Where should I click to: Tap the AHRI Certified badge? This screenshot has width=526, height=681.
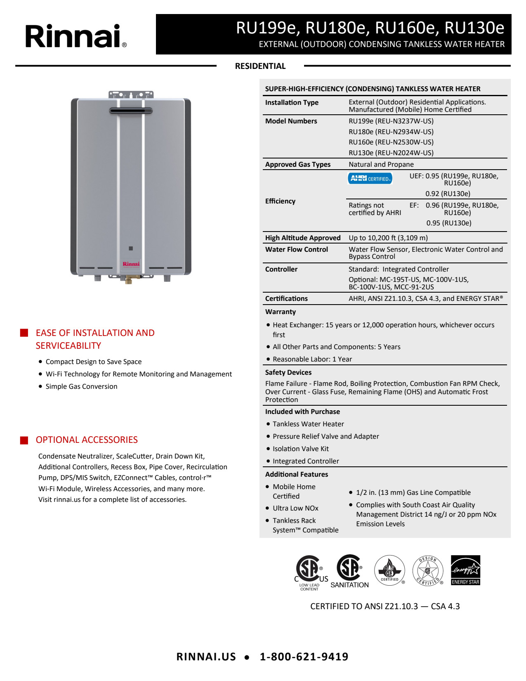[x=370, y=178]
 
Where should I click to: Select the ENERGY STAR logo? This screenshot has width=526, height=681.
[x=465, y=570]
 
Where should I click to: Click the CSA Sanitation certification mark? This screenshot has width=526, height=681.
[x=349, y=571]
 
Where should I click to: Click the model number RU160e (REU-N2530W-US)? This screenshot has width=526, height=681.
[x=391, y=142]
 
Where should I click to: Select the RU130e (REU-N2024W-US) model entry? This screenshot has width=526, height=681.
[x=391, y=153]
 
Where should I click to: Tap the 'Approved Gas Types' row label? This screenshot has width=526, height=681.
[x=298, y=164]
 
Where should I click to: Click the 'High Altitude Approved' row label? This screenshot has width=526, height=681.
[x=303, y=238]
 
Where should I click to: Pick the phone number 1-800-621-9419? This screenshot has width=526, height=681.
[x=304, y=657]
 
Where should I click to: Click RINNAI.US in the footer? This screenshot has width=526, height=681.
[x=206, y=657]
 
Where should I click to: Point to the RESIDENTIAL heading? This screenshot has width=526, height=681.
[x=260, y=66]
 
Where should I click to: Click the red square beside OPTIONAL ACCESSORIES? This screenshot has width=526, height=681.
[x=24, y=440]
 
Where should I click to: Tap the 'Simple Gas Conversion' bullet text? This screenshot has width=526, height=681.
[x=81, y=386]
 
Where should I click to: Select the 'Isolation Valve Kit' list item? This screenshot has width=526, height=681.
[x=301, y=449]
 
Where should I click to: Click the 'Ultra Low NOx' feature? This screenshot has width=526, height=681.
[x=295, y=508]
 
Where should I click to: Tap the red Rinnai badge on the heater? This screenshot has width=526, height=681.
[x=131, y=264]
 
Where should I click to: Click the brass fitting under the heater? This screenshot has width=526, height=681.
[x=129, y=280]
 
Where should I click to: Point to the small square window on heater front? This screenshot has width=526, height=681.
[x=131, y=248]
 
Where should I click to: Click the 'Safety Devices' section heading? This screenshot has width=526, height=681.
[x=288, y=372]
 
